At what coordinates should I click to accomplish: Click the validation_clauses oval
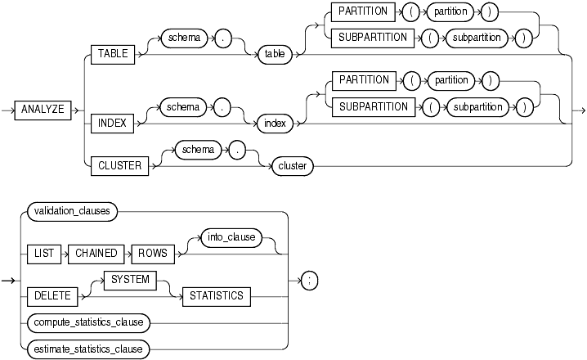coord(72,211)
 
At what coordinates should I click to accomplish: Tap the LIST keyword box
coord(44,254)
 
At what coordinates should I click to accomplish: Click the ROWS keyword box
coord(152,254)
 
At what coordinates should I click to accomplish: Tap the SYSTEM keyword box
coord(130,280)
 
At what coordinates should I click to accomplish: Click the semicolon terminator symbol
coord(310,281)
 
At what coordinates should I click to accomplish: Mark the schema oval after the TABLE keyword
coord(186,37)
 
